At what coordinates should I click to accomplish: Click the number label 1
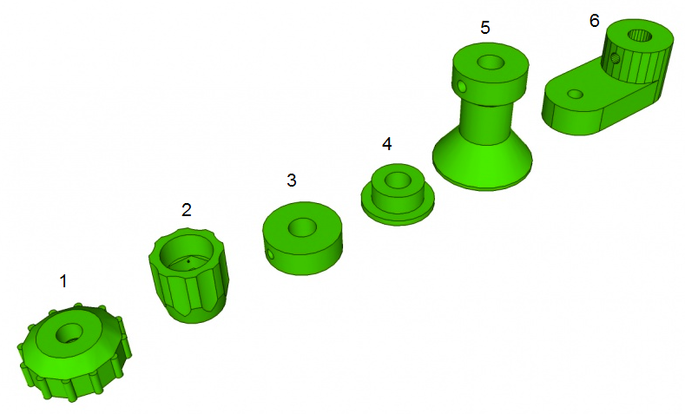[63, 281]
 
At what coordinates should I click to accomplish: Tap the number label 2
[187, 210]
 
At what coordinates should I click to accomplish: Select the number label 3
[292, 180]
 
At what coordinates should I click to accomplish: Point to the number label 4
[386, 144]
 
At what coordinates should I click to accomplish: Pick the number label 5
[485, 28]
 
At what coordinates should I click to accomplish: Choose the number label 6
[594, 21]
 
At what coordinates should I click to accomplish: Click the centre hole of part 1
[69, 333]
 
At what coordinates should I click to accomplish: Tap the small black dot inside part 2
[188, 261]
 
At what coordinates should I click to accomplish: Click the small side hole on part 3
[271, 254]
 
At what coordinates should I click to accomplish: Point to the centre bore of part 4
[398, 180]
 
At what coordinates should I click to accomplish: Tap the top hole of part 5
[491, 62]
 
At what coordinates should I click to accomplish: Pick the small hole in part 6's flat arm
[576, 94]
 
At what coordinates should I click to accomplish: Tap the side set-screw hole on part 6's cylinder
[615, 58]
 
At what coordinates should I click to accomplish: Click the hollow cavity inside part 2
[187, 254]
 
